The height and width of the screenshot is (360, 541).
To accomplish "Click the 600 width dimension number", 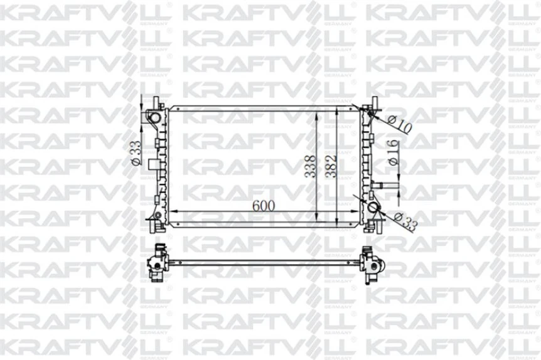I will tap(264, 205).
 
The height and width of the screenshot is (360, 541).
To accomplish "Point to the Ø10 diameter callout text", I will tap(400, 124).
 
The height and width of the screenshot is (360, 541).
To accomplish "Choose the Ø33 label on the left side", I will tap(134, 152).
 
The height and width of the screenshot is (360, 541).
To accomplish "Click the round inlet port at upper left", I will tap(153, 117).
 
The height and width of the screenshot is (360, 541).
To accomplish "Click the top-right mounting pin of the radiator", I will tap(375, 102).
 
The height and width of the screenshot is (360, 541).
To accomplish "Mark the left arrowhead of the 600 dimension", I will tap(176, 211).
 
